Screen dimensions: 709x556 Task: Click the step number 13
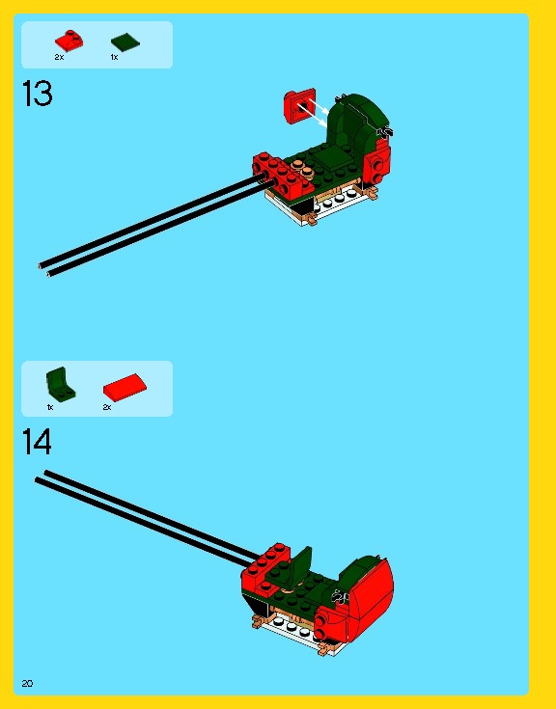(x=37, y=95)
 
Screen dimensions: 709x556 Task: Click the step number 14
(x=37, y=442)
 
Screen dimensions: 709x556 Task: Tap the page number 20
(x=27, y=683)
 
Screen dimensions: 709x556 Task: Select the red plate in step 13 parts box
(x=69, y=41)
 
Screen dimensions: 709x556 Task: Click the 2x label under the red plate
(x=59, y=58)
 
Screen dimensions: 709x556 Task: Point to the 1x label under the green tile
(x=114, y=58)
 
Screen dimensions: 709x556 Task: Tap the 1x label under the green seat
(x=50, y=407)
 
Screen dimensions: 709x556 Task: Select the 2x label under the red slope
(x=107, y=407)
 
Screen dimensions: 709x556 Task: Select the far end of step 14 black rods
(x=42, y=477)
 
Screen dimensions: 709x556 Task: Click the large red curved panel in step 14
(x=372, y=598)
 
